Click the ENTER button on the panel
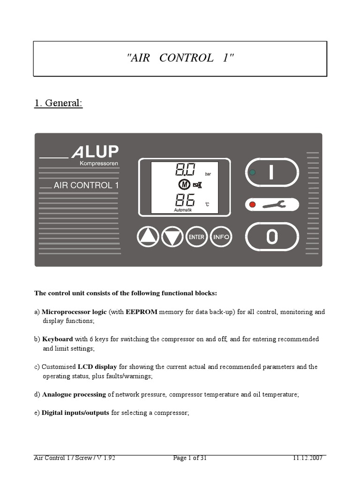point(196,237)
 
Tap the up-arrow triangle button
point(148,237)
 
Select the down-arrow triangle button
point(172,237)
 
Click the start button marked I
point(272,172)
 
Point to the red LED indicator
point(253,204)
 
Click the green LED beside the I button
point(253,172)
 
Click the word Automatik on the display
point(183,210)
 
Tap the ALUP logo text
point(95,152)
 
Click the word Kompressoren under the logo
point(99,164)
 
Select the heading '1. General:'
point(58,103)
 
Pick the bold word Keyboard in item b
point(57,339)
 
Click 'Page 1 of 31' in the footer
point(190,458)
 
